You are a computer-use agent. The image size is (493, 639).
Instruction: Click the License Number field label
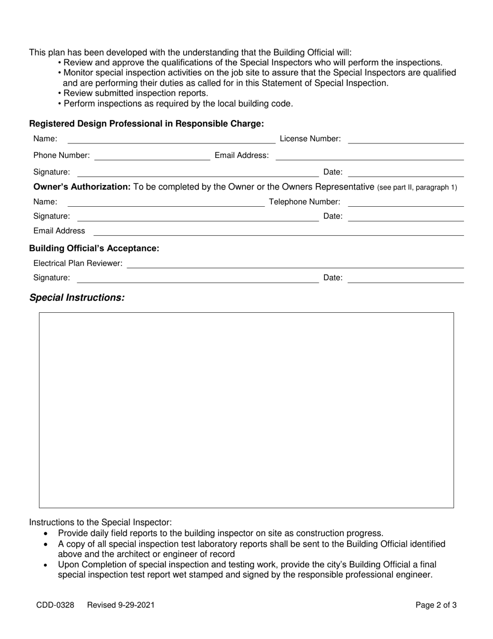(310, 139)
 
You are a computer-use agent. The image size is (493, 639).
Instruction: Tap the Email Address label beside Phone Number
(242, 155)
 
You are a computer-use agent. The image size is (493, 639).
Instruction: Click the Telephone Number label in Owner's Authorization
(305, 202)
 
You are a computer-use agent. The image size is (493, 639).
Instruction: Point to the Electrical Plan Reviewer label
(78, 264)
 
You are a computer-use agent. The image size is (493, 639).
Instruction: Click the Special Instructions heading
(77, 298)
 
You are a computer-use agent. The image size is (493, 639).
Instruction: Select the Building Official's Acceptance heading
(94, 248)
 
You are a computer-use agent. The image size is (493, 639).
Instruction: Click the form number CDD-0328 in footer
(55, 605)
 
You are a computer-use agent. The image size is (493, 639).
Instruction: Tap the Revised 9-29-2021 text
(120, 605)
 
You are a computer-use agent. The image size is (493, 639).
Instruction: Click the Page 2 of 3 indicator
(436, 605)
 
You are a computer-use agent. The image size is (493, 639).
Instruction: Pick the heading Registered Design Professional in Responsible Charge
(146, 124)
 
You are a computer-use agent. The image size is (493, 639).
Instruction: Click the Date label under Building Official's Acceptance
(333, 278)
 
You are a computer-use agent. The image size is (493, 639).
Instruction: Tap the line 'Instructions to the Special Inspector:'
(100, 522)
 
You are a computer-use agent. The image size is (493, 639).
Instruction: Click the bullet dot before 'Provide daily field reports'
(47, 534)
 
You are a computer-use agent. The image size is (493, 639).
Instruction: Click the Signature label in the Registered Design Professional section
(51, 172)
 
